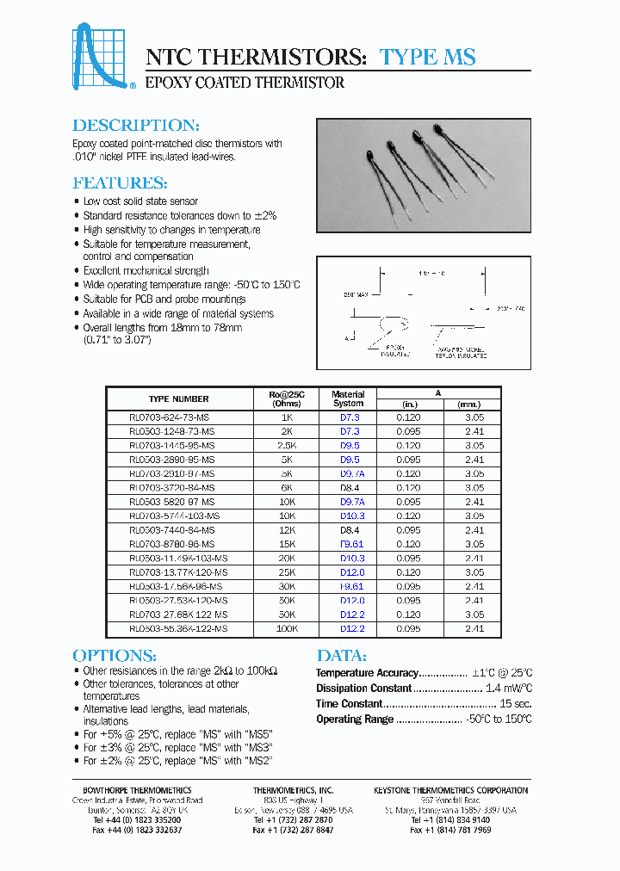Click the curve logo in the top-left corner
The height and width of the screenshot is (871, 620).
tap(102, 57)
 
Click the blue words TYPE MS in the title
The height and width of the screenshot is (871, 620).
tap(427, 57)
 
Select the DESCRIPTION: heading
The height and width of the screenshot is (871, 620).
tap(136, 125)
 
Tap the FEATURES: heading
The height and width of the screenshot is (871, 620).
tap(120, 182)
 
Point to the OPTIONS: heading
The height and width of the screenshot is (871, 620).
tap(115, 654)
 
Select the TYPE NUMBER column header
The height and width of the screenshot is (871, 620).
tap(178, 398)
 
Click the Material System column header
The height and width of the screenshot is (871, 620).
tap(348, 398)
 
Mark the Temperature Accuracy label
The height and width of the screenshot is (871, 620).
tap(367, 673)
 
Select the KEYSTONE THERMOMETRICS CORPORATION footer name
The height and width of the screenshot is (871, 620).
tap(450, 790)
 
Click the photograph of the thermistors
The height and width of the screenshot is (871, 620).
tap(424, 176)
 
